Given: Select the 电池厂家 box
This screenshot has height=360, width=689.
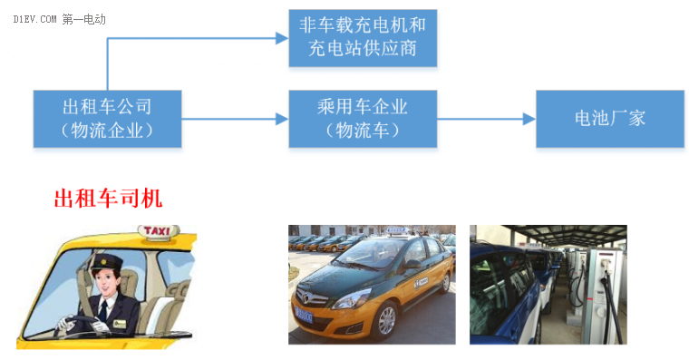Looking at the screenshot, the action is click(609, 118).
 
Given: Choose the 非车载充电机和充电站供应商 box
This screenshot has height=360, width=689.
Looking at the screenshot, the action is click(362, 37).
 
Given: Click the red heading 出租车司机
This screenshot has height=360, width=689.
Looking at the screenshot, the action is click(108, 199).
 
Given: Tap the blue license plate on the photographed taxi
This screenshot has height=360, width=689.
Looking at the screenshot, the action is click(303, 316).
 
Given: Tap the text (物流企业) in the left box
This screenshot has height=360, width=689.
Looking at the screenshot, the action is click(107, 131).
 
